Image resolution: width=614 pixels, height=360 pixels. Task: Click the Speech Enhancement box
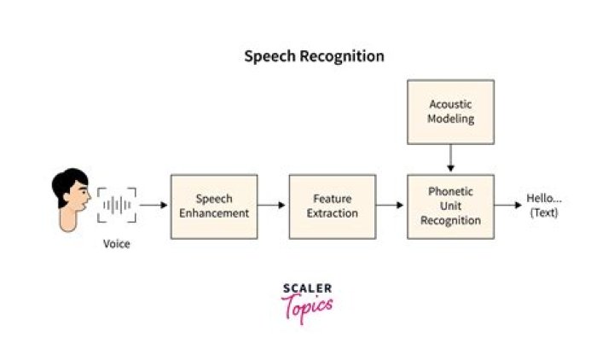[x=213, y=206]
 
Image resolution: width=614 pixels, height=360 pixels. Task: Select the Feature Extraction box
[x=332, y=206]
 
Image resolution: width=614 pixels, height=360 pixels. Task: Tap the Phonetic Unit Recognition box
[x=450, y=206]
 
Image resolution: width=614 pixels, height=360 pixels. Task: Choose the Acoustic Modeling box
[x=450, y=112]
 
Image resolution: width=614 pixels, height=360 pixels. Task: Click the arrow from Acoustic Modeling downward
[x=450, y=159]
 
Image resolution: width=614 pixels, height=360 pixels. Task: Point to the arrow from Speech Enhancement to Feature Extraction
[x=273, y=206]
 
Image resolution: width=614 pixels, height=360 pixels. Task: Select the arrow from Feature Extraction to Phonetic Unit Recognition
[x=391, y=206]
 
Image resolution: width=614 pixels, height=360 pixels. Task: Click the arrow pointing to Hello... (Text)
[x=508, y=206]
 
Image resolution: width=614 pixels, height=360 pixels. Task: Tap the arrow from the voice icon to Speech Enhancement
[x=153, y=206]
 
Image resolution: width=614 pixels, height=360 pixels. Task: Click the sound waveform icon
[x=117, y=206]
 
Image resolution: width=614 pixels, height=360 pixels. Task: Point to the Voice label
[x=117, y=244]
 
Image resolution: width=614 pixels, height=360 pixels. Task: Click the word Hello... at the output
[x=544, y=199]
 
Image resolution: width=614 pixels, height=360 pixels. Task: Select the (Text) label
[x=544, y=212]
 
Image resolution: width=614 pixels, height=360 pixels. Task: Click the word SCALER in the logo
[x=307, y=288]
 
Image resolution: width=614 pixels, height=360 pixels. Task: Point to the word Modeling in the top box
[x=451, y=119]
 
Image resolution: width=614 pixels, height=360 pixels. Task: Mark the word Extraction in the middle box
[x=332, y=212]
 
